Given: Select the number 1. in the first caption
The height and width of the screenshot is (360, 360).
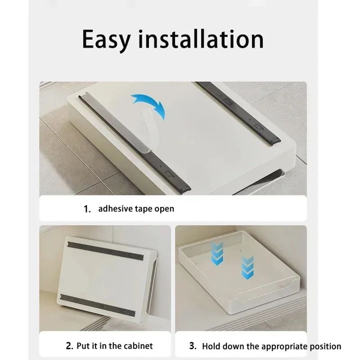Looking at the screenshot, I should click(x=87, y=209).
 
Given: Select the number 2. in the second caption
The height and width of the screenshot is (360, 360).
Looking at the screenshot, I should click(x=70, y=346).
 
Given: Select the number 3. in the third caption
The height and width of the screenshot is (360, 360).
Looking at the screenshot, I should click(x=193, y=346).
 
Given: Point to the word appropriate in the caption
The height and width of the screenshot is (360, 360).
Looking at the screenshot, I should click(x=282, y=347).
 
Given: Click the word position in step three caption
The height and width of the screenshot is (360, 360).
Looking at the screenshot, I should click(x=325, y=347).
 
